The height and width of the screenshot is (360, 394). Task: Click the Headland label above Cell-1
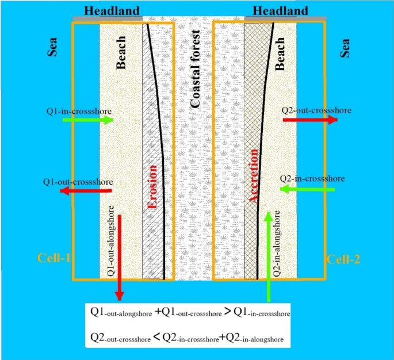click(x=112, y=11)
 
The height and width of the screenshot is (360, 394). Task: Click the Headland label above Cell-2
click(x=280, y=11)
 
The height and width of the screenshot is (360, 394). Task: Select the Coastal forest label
click(x=196, y=70)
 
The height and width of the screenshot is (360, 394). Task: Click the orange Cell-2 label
click(x=343, y=259)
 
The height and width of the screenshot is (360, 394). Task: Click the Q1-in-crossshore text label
click(x=79, y=109)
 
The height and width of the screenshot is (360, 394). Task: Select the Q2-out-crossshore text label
click(x=316, y=109)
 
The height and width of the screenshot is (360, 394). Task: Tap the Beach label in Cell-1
click(x=121, y=56)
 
